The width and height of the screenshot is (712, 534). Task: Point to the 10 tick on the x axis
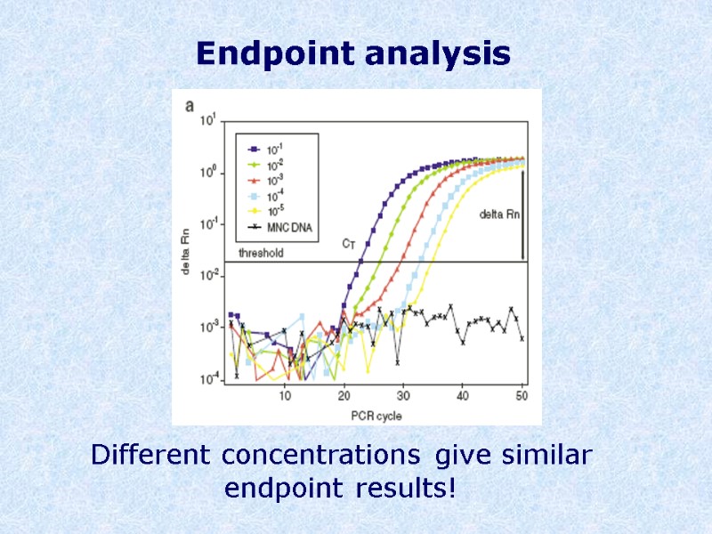[x=285, y=395]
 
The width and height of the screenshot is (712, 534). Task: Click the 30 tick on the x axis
[x=403, y=395]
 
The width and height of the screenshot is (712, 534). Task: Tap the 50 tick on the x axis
[x=522, y=395]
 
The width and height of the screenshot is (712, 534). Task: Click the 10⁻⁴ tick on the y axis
[x=206, y=379]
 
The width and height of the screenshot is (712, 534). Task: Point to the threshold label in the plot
[x=260, y=253]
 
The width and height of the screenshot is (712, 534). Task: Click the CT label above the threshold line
[x=350, y=243]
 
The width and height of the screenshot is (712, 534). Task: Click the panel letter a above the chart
[x=190, y=105]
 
